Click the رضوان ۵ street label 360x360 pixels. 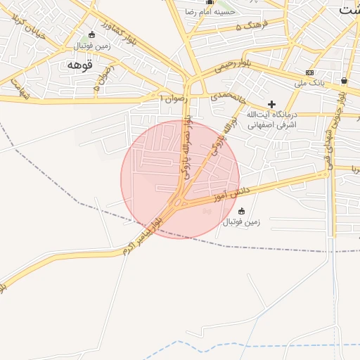pyautogui.click(x=103, y=77)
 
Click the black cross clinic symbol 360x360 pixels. pyautogui.click(x=271, y=103)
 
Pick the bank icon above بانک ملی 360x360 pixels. pyautogui.click(x=309, y=73)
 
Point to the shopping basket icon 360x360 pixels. pyautogui.click(x=343, y=80)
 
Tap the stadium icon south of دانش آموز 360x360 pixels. pyautogui.click(x=242, y=210)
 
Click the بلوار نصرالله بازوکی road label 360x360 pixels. pyautogui.click(x=186, y=150)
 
